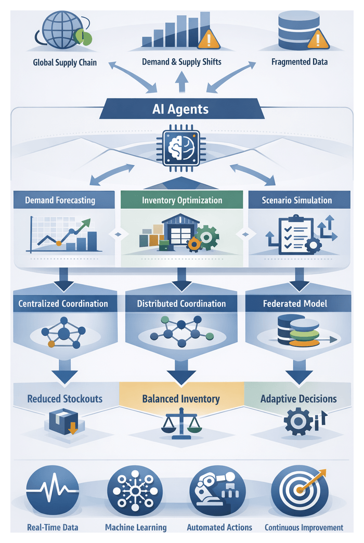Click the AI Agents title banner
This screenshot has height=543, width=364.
(181, 110)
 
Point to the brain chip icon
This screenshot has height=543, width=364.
(181, 148)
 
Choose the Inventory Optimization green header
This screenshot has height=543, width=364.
(181, 200)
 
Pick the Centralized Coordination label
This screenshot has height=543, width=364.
(63, 303)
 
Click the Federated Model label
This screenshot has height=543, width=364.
(295, 303)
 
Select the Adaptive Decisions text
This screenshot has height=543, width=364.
(298, 399)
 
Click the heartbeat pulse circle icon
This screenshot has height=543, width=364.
(53, 491)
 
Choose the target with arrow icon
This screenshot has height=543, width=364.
(300, 491)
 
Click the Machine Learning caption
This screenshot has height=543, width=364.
(136, 527)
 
